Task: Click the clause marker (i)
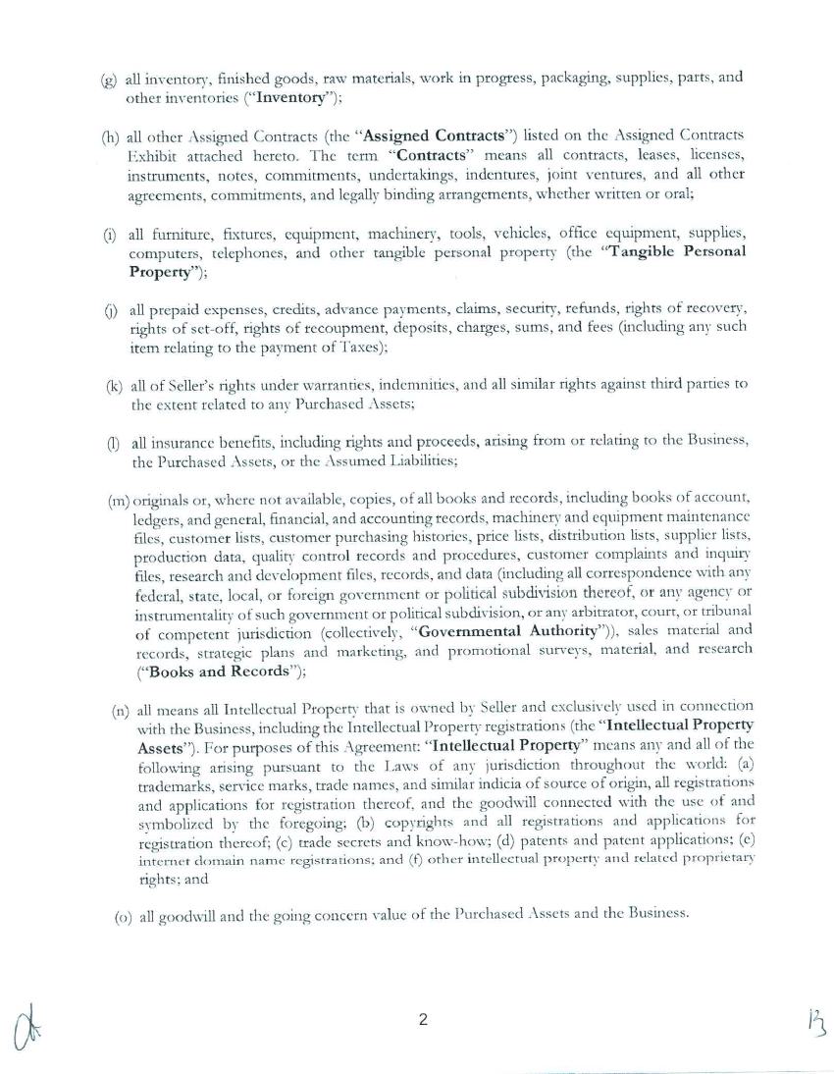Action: [111, 234]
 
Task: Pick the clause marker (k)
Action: [113, 385]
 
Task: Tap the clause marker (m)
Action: [119, 501]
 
